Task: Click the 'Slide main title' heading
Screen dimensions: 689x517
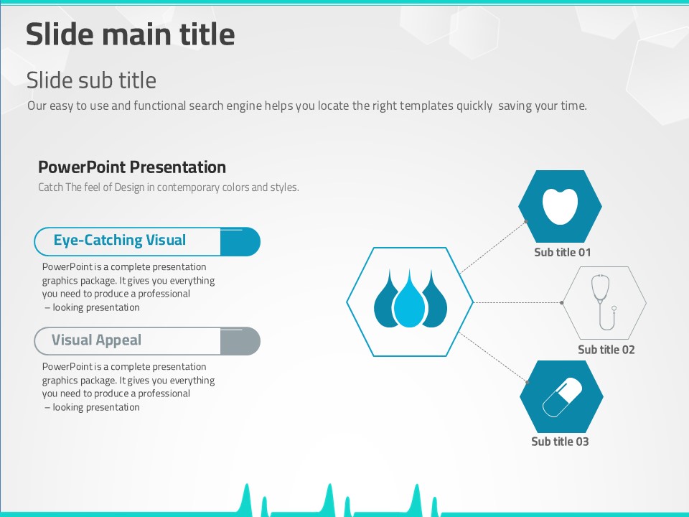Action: pyautogui.click(x=130, y=34)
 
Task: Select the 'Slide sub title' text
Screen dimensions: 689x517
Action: pyautogui.click(x=91, y=80)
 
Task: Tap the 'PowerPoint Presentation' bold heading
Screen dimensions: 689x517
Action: pyautogui.click(x=132, y=167)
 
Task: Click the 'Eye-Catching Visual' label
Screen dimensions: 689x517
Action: pyautogui.click(x=120, y=240)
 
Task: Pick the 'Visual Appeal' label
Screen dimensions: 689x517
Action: pyautogui.click(x=96, y=340)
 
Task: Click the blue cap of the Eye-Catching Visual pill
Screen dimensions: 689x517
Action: pyautogui.click(x=240, y=242)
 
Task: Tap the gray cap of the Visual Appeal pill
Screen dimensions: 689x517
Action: pyautogui.click(x=240, y=341)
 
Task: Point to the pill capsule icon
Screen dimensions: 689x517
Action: pyautogui.click(x=562, y=397)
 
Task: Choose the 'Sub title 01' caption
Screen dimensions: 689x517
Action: pyautogui.click(x=562, y=252)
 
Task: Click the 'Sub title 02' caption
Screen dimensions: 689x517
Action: pyautogui.click(x=606, y=350)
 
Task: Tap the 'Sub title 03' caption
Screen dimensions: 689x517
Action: pyautogui.click(x=560, y=442)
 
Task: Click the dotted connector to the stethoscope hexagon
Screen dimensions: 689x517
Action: pyautogui.click(x=517, y=302)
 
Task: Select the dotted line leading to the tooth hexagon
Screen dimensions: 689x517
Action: pyautogui.click(x=493, y=247)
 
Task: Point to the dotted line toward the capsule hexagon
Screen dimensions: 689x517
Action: pyautogui.click(x=493, y=357)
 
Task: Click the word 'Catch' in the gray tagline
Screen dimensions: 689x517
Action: pyautogui.click(x=50, y=187)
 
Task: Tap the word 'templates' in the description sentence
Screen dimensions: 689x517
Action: pyautogui.click(x=426, y=106)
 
